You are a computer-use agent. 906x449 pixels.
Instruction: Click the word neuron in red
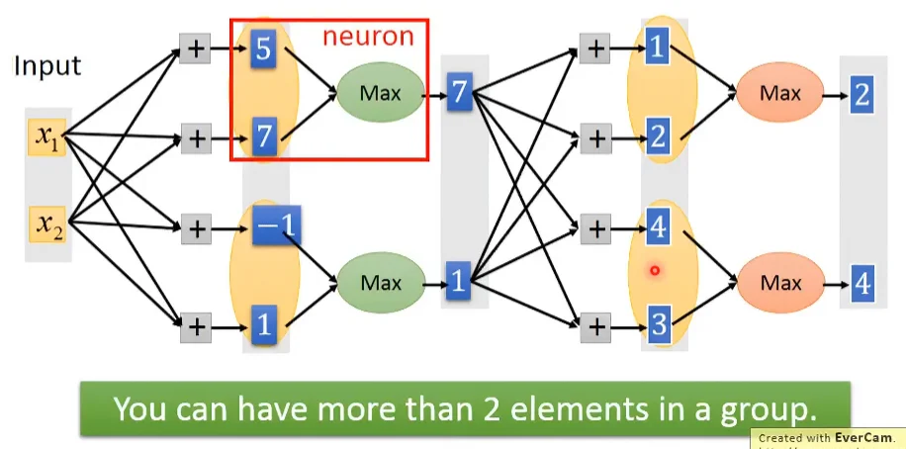(367, 38)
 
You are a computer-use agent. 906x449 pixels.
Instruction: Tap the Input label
(46, 67)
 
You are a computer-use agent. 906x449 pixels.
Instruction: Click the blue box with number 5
(263, 49)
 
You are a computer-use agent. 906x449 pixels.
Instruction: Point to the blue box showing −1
(276, 225)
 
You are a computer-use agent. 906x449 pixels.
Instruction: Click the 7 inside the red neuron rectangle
(263, 137)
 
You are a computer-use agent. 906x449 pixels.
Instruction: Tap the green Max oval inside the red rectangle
(380, 94)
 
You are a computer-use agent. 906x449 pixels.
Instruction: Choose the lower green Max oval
(380, 282)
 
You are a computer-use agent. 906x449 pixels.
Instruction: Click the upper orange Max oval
(779, 94)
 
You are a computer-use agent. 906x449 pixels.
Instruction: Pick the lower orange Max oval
(779, 283)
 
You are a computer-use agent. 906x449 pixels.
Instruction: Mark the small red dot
(654, 269)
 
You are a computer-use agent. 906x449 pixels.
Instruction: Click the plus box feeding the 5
(196, 48)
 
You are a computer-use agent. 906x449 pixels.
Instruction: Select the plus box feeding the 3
(594, 323)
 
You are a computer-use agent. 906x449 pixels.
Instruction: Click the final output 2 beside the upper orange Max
(862, 95)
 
